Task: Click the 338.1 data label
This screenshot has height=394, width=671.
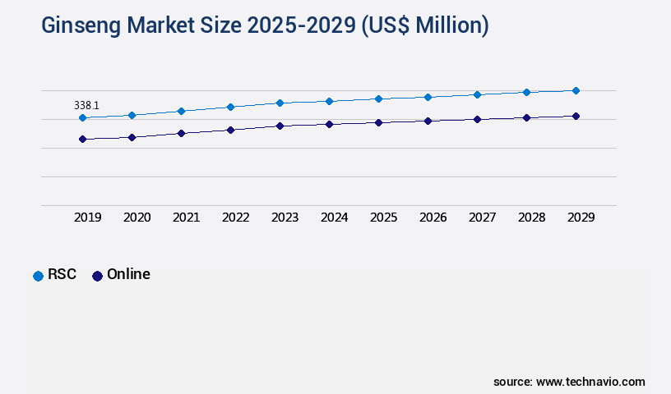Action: [x=86, y=105]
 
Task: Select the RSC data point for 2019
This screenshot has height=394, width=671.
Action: [x=82, y=118]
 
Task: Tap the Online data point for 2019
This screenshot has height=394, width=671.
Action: [x=82, y=140]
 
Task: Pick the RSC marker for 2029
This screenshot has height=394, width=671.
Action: [x=576, y=90]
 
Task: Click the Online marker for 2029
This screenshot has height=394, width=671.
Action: [x=576, y=117]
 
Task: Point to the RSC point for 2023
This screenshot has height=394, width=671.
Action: [x=280, y=103]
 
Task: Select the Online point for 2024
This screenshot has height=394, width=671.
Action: [x=329, y=124]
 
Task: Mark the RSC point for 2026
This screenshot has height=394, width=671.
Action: [x=428, y=97]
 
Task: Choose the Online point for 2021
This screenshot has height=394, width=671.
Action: [x=181, y=133]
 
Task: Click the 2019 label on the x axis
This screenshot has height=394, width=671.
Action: [x=88, y=218]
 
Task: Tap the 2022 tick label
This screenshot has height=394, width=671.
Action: [x=236, y=218]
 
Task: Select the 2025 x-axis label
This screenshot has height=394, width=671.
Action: [x=384, y=218]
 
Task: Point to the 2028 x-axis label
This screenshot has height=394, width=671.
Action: [x=532, y=218]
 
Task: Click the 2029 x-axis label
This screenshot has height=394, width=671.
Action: [x=581, y=218]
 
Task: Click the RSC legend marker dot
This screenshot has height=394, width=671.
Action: [x=38, y=276]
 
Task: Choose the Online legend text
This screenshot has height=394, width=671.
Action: [x=128, y=274]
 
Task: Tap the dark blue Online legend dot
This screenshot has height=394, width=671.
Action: [x=97, y=276]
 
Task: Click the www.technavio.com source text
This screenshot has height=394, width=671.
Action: [x=590, y=382]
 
